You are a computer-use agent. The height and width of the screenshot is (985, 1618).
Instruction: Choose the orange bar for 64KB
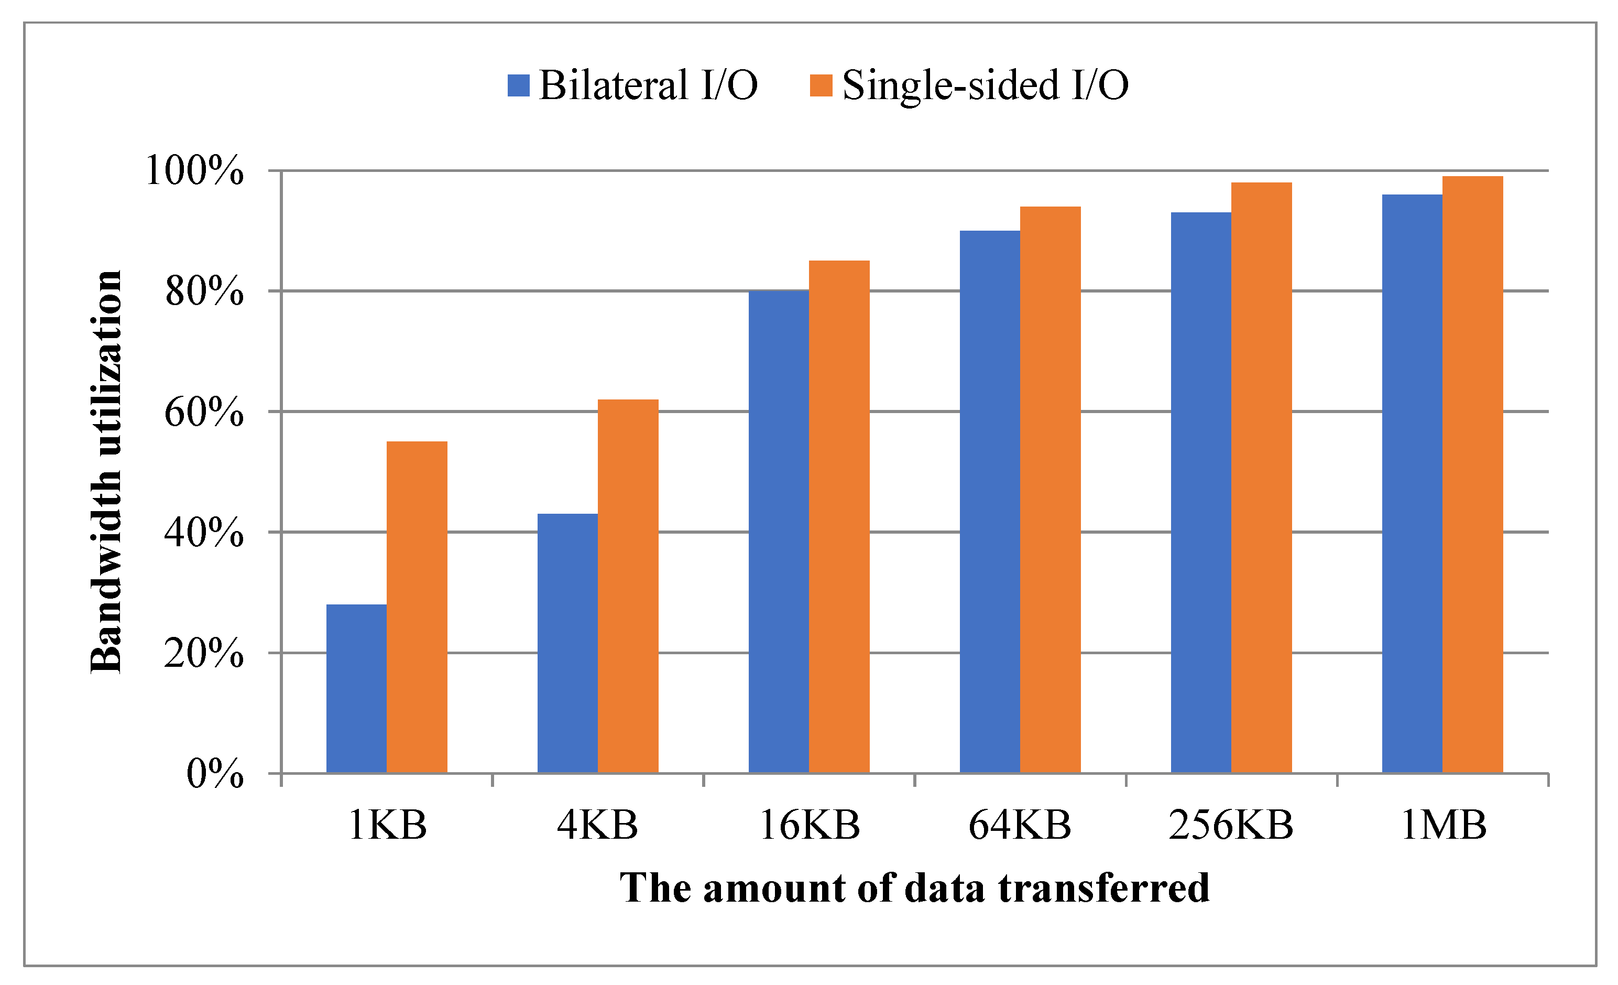(1050, 490)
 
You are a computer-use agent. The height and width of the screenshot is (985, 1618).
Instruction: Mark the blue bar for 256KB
(1200, 492)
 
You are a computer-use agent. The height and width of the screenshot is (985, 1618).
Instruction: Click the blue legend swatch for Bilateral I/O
(518, 85)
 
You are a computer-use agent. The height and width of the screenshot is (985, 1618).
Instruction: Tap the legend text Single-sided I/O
(985, 85)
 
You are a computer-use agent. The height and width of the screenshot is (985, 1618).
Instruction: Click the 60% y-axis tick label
(204, 413)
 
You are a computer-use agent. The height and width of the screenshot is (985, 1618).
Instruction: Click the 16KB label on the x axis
(809, 825)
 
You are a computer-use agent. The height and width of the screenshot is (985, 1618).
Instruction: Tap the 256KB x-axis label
(1231, 825)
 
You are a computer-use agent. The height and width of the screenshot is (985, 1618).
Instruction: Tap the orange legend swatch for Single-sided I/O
(821, 85)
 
